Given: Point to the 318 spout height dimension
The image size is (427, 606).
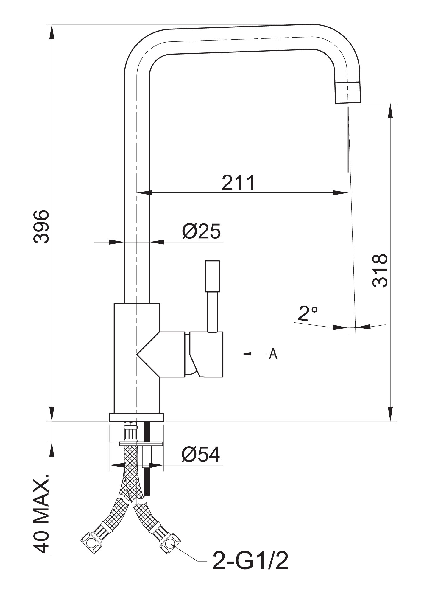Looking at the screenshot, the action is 380,271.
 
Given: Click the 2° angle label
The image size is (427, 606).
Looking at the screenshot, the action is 307,313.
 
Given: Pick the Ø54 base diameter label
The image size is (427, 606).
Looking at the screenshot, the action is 201,454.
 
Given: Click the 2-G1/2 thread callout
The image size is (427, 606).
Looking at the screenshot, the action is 250,561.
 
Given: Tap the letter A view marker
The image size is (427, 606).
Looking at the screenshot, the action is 273,354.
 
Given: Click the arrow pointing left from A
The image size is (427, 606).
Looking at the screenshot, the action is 254,354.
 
